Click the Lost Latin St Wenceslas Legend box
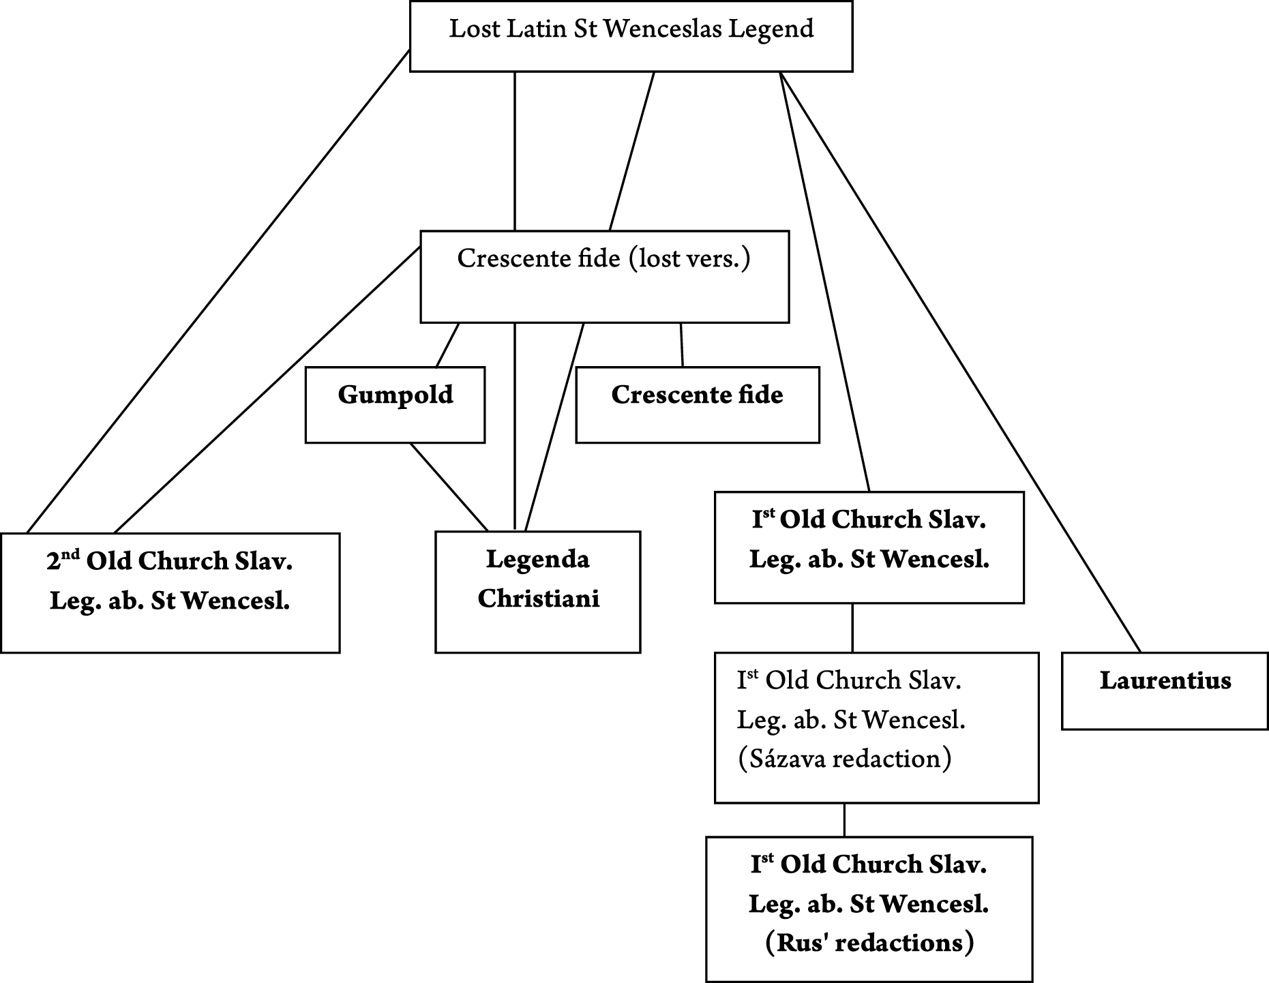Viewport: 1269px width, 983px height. coord(631,37)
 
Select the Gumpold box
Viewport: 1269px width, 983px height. coord(395,405)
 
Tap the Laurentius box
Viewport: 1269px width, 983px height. coord(1165,691)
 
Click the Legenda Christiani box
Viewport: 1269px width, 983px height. coord(537,592)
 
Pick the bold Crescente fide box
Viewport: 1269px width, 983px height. coord(697,405)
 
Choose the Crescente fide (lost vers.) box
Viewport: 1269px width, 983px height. coord(604,277)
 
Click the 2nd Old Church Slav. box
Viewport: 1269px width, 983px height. coord(170,592)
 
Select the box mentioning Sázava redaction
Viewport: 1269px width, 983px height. coord(876,727)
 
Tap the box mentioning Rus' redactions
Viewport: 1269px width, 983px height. coord(869,909)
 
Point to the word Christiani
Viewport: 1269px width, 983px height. coord(538,599)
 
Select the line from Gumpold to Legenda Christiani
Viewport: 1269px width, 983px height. coord(449,487)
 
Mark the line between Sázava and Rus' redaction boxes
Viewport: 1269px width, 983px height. coord(845,820)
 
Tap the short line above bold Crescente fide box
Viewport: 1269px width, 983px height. coord(681,345)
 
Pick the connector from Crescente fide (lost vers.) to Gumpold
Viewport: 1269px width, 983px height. coord(447,345)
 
